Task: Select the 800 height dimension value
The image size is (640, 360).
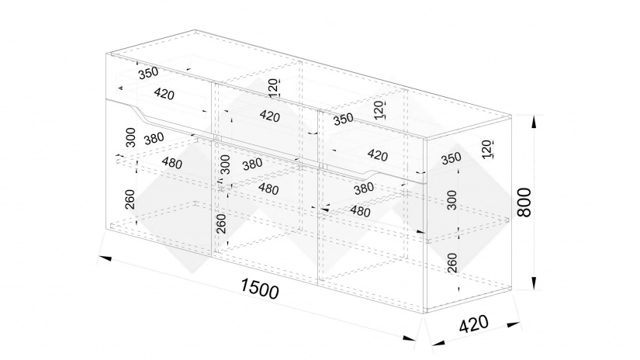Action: click(528, 203)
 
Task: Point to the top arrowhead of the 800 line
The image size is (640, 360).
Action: click(534, 119)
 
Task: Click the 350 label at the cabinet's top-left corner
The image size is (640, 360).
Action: click(148, 74)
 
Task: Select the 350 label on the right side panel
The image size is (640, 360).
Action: click(451, 157)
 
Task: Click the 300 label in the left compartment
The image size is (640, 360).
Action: click(130, 140)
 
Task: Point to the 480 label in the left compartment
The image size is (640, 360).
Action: click(174, 164)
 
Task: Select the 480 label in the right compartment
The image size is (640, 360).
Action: click(360, 211)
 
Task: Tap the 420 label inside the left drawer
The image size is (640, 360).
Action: click(164, 95)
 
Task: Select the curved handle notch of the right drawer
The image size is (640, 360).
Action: click(371, 169)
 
